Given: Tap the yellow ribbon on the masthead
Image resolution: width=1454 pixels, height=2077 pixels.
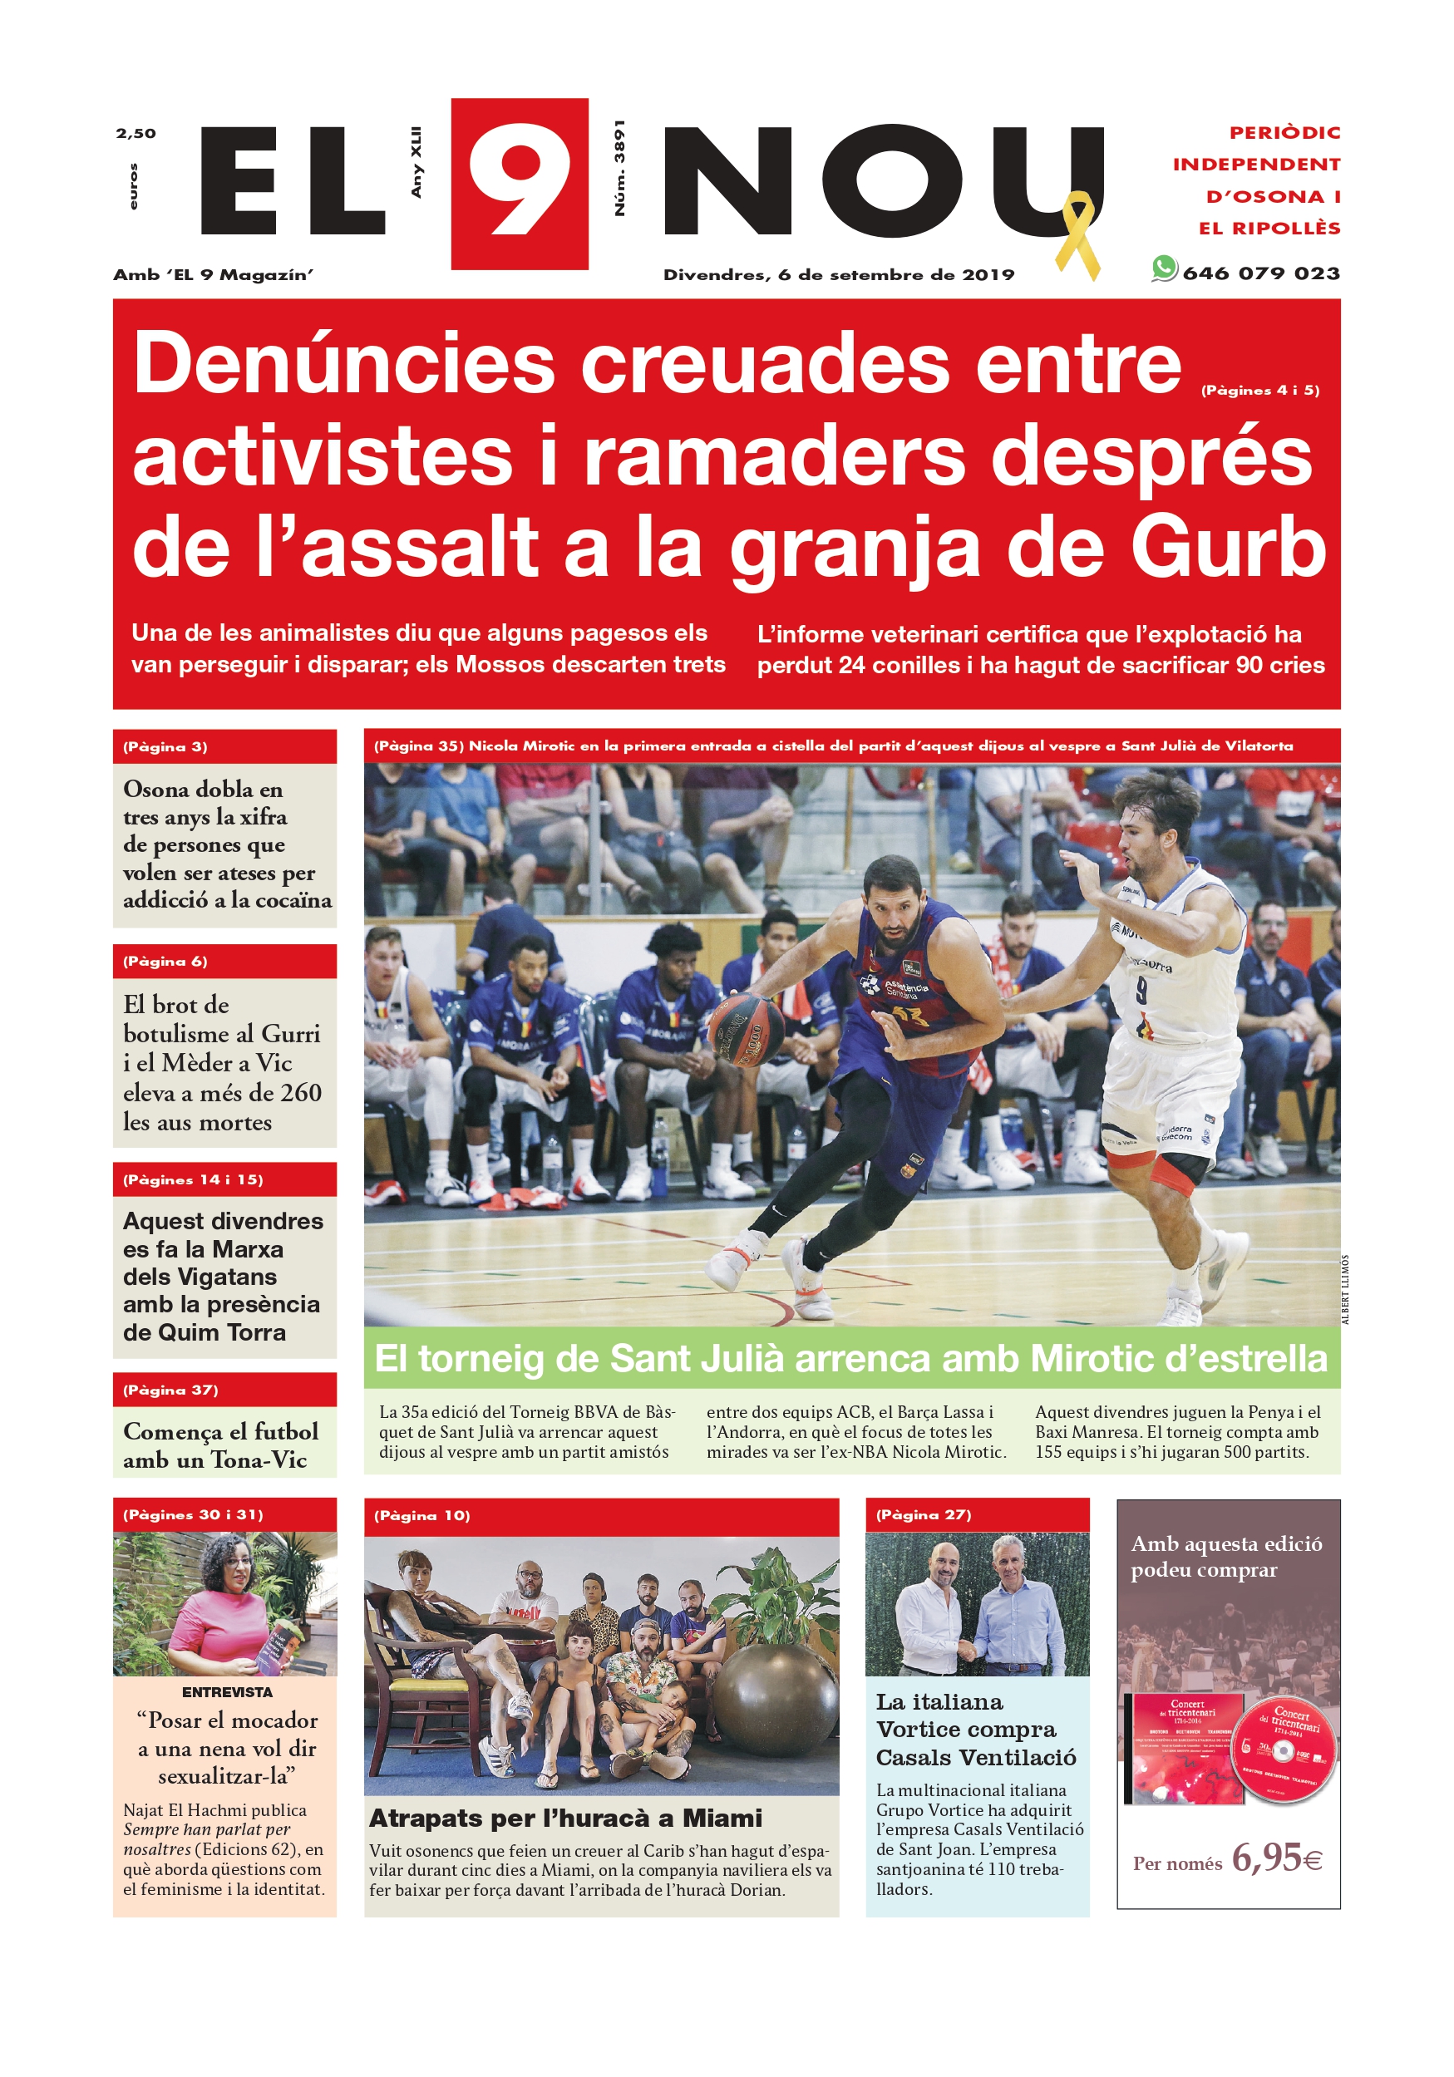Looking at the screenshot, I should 1077,234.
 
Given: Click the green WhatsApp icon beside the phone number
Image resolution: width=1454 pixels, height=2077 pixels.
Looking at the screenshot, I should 1164,268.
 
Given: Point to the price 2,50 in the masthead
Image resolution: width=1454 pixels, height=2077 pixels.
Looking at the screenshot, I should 136,134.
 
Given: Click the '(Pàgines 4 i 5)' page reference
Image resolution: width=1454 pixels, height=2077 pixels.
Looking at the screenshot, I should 1259,391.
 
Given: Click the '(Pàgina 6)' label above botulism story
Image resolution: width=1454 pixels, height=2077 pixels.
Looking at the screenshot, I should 165,962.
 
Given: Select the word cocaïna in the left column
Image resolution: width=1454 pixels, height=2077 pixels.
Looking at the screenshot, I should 293,900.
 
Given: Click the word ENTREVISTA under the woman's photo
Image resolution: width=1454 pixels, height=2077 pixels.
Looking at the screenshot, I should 226,1691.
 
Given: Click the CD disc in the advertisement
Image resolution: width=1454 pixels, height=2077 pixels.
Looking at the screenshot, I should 1283,1750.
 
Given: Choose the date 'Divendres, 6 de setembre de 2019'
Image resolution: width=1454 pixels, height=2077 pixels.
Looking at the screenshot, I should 839,275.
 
